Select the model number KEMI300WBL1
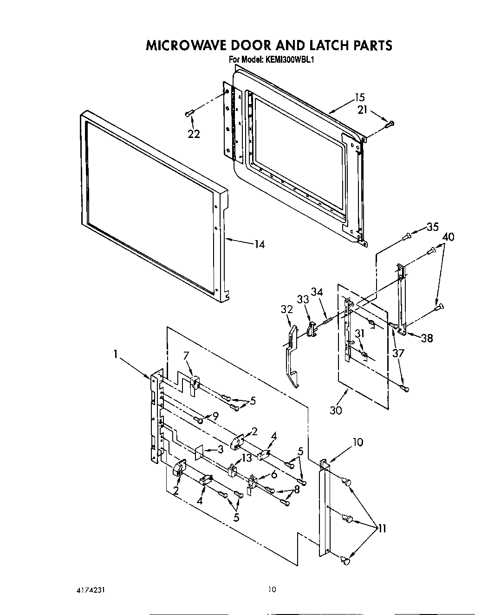[290, 59]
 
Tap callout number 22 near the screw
[194, 134]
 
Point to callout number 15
[360, 98]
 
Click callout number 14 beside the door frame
[260, 244]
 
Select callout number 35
[432, 227]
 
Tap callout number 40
[448, 237]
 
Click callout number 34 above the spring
[317, 292]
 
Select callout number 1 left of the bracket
[115, 354]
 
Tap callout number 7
[186, 356]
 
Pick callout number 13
[246, 458]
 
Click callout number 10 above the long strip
[357, 442]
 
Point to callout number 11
[382, 528]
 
